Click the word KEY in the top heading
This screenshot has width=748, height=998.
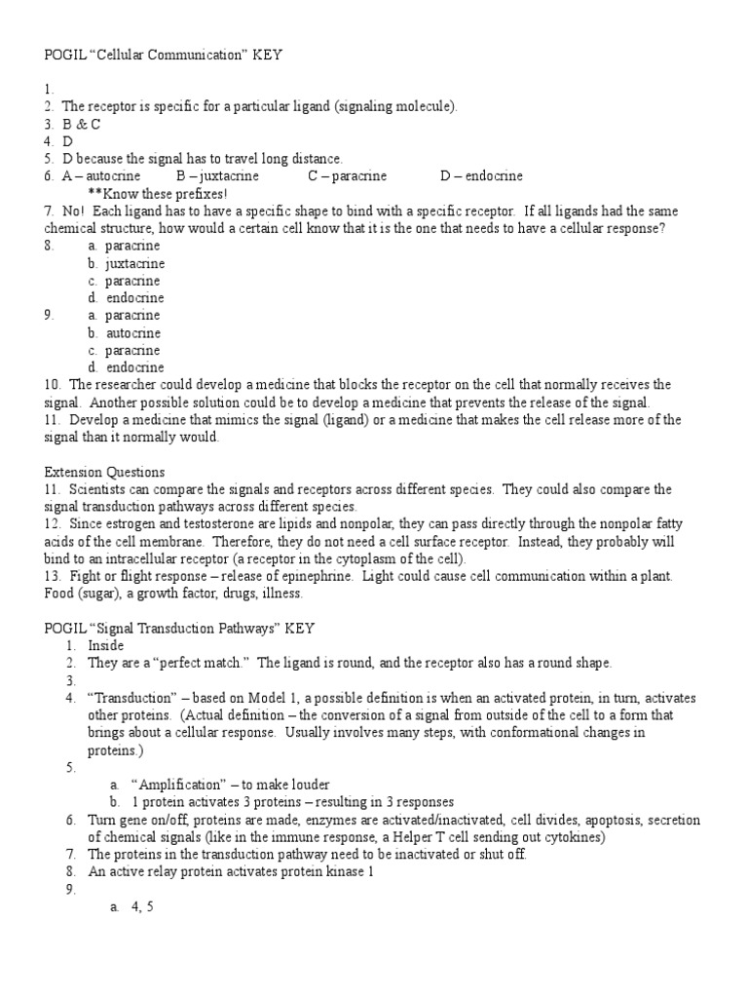[267, 56]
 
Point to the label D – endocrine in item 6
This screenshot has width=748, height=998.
[481, 176]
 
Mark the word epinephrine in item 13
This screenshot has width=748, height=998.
[310, 577]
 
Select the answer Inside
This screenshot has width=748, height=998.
[107, 646]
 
